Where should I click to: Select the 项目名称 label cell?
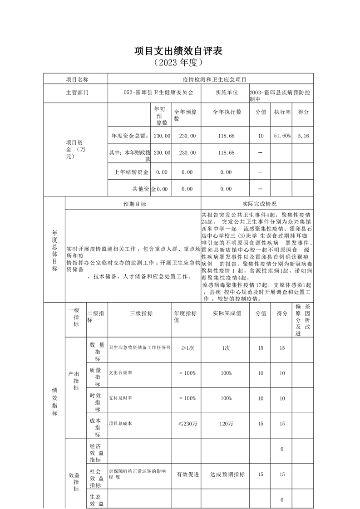tap(76, 79)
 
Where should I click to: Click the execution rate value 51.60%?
tap(282, 136)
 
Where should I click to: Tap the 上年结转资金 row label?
tap(130, 172)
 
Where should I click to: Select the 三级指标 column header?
tap(141, 313)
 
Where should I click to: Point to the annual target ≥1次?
tap(187, 348)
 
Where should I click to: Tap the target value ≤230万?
tap(187, 424)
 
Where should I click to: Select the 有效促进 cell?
tap(187, 475)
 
